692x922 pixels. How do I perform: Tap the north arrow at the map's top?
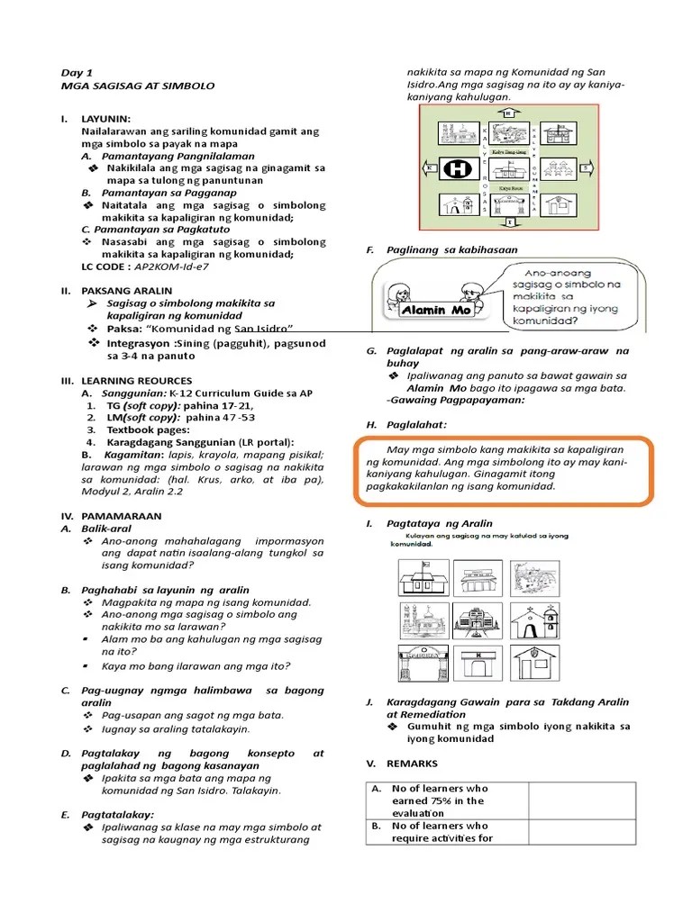(507, 113)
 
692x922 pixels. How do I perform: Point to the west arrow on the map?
(432, 168)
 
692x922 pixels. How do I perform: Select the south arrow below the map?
(509, 221)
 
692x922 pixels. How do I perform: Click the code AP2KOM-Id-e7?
(169, 267)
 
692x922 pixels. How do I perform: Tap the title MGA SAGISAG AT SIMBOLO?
(137, 86)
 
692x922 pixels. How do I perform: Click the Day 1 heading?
(77, 72)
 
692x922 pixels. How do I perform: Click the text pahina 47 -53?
(220, 418)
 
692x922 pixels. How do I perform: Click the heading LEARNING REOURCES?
(135, 381)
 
